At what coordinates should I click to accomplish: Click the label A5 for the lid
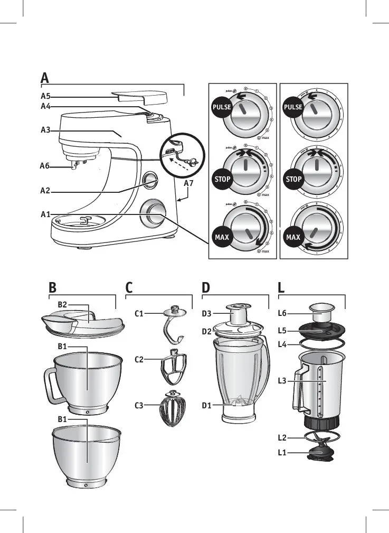point(45,97)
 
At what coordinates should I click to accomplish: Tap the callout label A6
point(45,166)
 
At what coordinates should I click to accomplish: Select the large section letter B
point(52,288)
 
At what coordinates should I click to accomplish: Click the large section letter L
point(281,288)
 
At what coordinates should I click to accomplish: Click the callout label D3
point(207,314)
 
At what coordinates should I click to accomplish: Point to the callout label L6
point(283,313)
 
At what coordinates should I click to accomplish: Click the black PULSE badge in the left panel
point(222,107)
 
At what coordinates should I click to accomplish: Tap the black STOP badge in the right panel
point(293,179)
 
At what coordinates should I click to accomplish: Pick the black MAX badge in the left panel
point(222,237)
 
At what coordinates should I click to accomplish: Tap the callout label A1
point(45,214)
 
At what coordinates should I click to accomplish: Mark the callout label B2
point(62,304)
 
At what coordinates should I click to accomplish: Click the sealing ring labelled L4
point(322,343)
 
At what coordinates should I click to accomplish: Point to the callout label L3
point(283,380)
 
